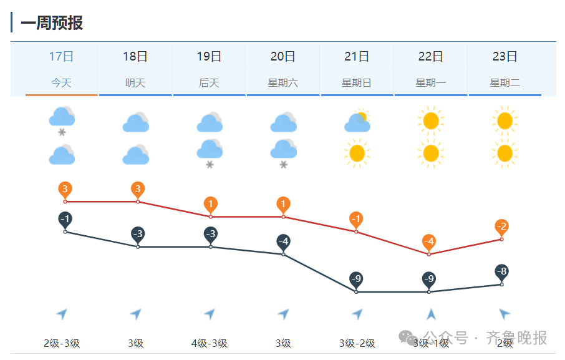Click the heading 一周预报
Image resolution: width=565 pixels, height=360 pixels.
pyautogui.click(x=52, y=23)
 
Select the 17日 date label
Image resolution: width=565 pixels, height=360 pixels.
pyautogui.click(x=61, y=57)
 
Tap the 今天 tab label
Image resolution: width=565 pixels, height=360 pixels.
pyautogui.click(x=61, y=82)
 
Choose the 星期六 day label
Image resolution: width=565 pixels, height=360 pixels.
pyautogui.click(x=283, y=82)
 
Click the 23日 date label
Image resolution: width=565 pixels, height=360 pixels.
pyautogui.click(x=505, y=57)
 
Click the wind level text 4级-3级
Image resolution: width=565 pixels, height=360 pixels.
pyautogui.click(x=210, y=343)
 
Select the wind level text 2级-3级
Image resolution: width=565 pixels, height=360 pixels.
pyautogui.click(x=62, y=343)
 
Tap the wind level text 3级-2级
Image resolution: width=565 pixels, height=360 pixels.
pyautogui.click(x=357, y=343)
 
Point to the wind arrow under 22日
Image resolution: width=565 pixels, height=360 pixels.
pyautogui.click(x=430, y=314)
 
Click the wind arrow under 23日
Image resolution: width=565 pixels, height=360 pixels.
pyautogui.click(x=504, y=314)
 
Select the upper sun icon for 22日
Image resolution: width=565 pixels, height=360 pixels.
pyautogui.click(x=430, y=120)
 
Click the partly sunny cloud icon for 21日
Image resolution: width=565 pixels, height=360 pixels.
pyautogui.click(x=357, y=122)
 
